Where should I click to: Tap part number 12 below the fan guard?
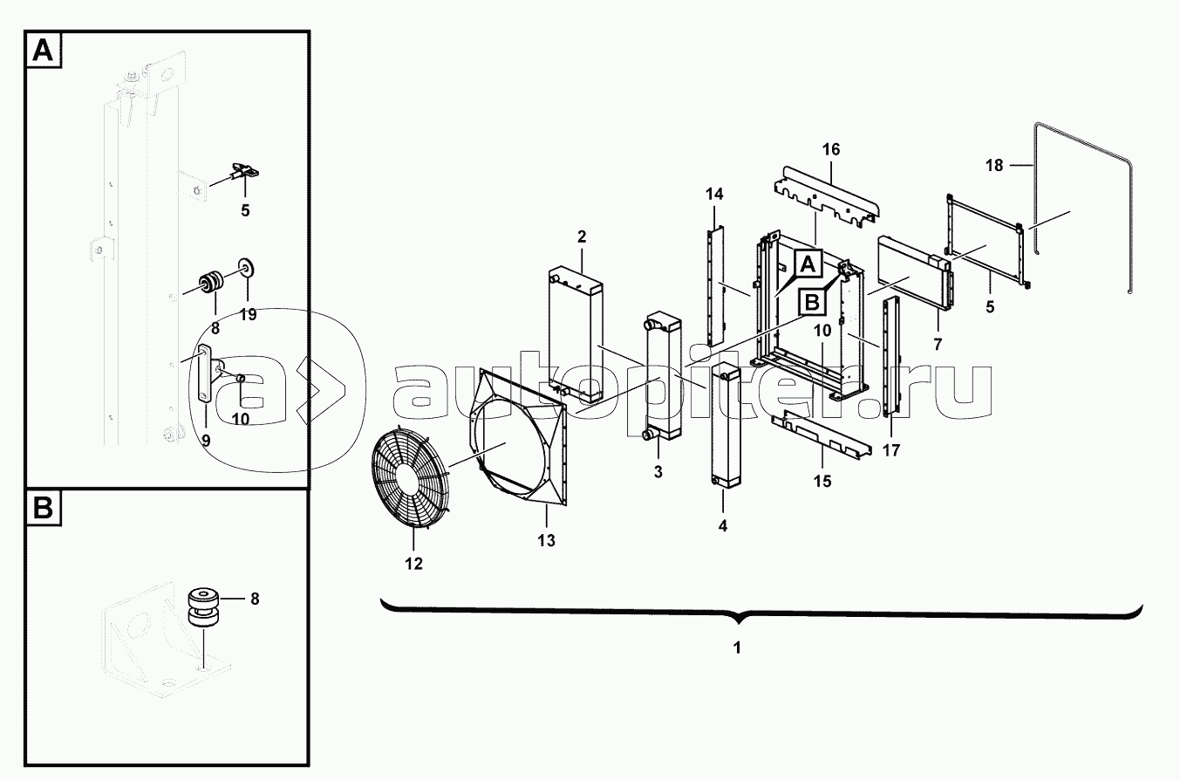pos(414,564)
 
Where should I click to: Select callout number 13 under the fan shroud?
pos(546,541)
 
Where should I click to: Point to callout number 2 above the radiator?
pos(581,236)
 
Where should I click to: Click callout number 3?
pos(658,472)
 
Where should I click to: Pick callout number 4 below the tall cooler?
pos(723,526)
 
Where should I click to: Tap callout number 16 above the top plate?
pos(831,150)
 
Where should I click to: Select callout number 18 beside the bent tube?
pos(994,166)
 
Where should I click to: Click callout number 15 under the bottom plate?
pos(822,481)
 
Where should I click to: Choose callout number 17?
pos(891,450)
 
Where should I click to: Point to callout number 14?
pos(714,195)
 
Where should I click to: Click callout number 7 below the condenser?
pos(938,345)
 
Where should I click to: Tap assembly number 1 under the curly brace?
pos(738,647)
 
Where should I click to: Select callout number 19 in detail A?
pos(248,315)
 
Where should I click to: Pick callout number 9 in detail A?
pos(206,441)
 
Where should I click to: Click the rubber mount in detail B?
pos(204,610)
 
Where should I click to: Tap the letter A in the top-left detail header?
pos(44,51)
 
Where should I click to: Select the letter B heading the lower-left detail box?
pos(44,509)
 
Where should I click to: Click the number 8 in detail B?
pos(255,599)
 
